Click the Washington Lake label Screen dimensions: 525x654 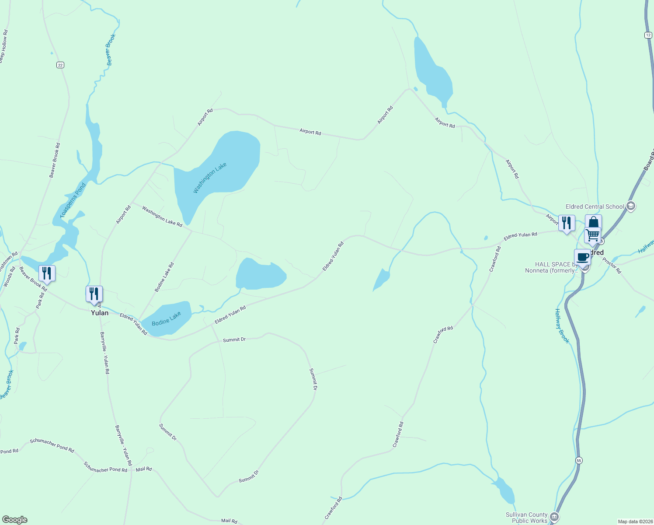(x=210, y=178)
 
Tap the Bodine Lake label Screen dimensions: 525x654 (x=166, y=319)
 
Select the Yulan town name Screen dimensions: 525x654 (x=100, y=313)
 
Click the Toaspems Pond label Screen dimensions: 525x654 (x=73, y=200)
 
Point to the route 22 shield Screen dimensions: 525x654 (x=60, y=65)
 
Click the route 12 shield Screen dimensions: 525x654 (x=648, y=35)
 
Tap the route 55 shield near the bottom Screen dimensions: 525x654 (x=579, y=460)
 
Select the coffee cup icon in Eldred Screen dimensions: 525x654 (x=582, y=257)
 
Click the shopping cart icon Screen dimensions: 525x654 (x=593, y=235)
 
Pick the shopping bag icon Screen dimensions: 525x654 (x=593, y=222)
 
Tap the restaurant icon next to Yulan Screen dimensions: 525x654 (x=94, y=294)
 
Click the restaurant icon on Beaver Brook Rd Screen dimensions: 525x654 (x=47, y=273)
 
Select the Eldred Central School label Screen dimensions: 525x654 (x=595, y=206)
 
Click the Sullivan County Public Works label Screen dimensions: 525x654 (x=526, y=518)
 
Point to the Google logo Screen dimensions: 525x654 (x=15, y=520)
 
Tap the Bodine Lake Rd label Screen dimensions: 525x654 (x=164, y=277)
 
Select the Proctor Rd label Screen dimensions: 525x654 (x=612, y=266)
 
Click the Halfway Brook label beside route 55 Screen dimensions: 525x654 (x=562, y=326)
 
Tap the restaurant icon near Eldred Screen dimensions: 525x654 (x=567, y=223)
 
